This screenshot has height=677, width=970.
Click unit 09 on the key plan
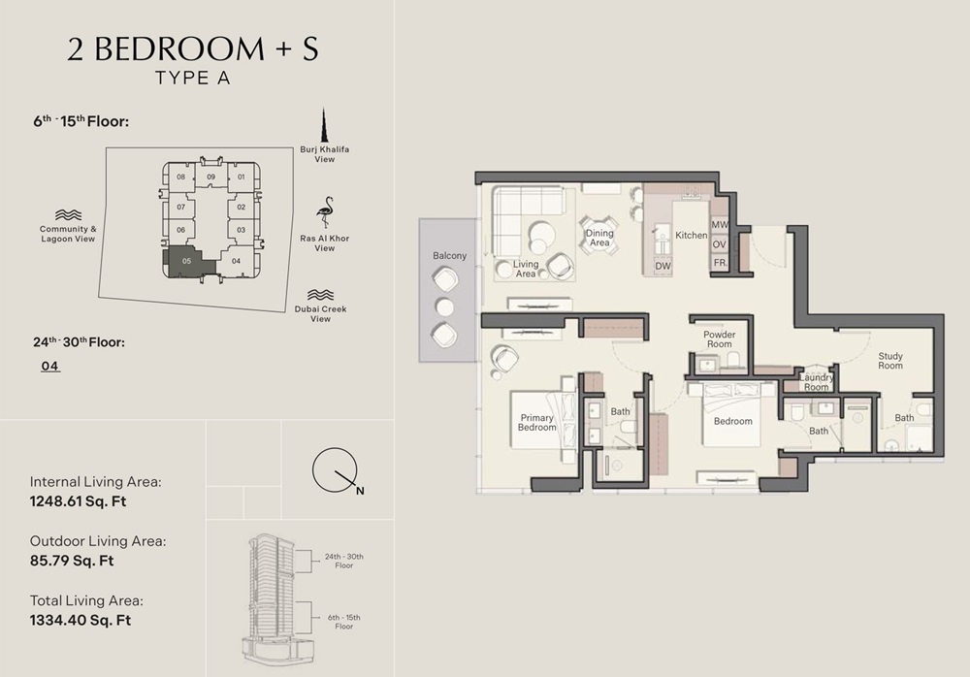pos(210,177)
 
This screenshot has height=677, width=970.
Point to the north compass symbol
pos(335,471)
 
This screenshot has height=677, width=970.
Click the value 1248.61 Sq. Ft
pos(79,501)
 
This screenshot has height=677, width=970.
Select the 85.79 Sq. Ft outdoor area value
pos(72,561)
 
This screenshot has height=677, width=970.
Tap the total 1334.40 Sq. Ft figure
pos(81,620)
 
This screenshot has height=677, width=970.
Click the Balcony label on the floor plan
pos(449,256)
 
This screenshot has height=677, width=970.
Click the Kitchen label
pos(692,236)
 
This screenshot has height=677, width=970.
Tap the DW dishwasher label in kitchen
pos(663,265)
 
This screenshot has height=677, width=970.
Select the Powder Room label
pos(719,339)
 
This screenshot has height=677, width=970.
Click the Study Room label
pos(890,360)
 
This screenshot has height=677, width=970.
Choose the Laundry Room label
pos(816,381)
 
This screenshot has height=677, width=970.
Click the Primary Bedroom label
pos(536,422)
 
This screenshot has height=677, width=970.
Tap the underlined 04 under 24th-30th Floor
pos(50,366)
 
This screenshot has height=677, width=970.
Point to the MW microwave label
pos(719,225)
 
